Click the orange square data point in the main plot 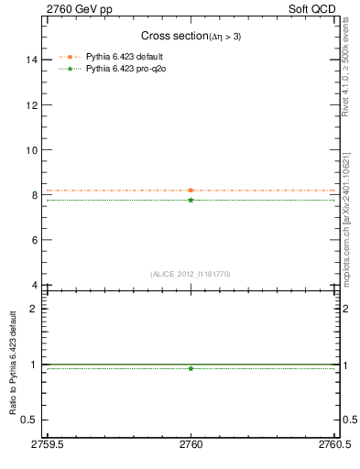(x=191, y=191)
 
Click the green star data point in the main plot (x=191, y=200)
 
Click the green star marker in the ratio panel (x=191, y=368)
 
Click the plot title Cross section (x=191, y=36)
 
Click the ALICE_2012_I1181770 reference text (x=191, y=274)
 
